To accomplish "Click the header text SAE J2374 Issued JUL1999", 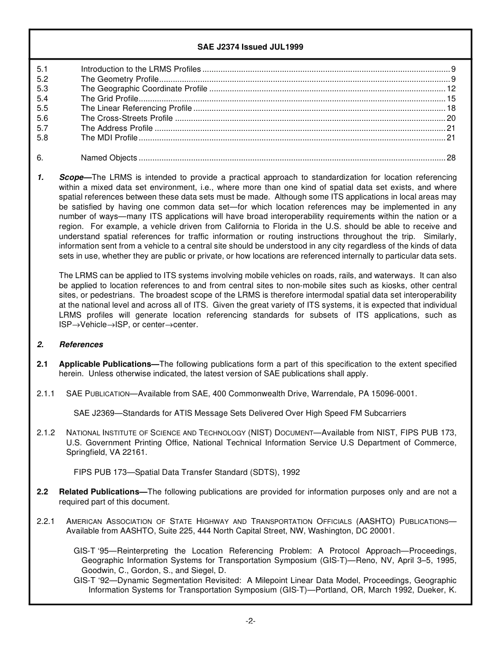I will [250, 47].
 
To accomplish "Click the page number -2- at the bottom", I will [250, 621].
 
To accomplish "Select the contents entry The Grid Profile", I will [109, 99].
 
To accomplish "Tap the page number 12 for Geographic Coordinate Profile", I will [451, 89].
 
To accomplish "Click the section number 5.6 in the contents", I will [42, 118].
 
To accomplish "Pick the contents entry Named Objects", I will [109, 158].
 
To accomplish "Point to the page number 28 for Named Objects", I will [451, 158].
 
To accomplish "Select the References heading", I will [81, 345].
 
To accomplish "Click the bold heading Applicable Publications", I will [108, 364].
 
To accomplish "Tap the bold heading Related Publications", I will [102, 492].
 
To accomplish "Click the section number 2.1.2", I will [46, 433].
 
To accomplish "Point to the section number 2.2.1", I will [46, 521].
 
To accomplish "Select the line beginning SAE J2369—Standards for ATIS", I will [240, 413].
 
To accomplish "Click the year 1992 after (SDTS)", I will [290, 472].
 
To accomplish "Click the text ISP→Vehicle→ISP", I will [91, 325].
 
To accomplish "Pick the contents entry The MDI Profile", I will [109, 138].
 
